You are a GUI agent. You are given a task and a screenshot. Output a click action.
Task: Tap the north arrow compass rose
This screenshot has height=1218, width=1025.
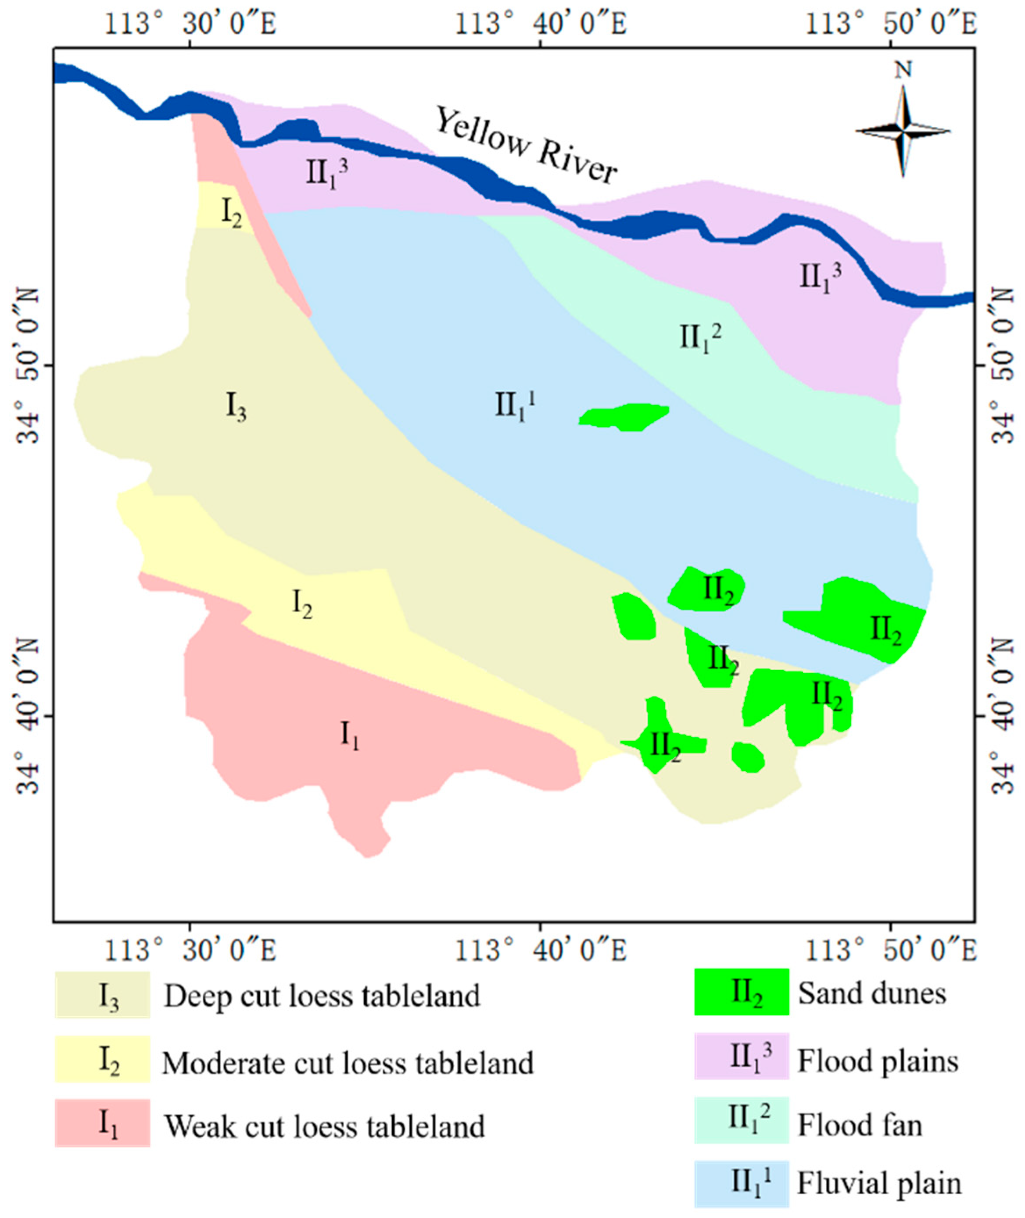[903, 131]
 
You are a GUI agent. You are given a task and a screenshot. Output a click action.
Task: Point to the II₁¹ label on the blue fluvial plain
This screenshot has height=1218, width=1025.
[515, 405]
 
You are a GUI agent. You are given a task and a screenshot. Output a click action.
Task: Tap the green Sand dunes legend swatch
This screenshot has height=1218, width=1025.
[742, 992]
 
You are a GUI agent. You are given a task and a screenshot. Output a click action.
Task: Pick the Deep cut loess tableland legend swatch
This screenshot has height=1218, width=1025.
[103, 995]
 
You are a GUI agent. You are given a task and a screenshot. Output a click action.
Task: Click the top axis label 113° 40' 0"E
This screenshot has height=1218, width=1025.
[541, 25]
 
